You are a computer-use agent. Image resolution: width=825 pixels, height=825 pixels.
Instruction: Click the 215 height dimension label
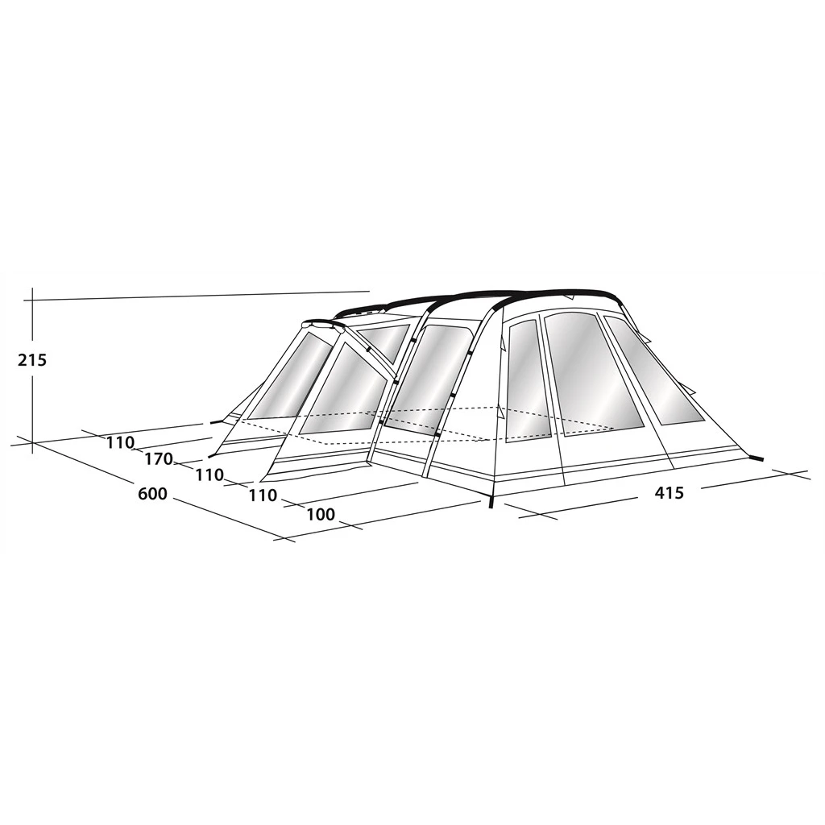(32, 360)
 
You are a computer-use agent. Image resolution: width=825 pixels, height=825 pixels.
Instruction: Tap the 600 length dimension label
(152, 494)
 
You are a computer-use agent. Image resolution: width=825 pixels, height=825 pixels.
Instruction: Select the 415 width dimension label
(670, 492)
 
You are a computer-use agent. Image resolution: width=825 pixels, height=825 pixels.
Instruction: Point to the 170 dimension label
(159, 459)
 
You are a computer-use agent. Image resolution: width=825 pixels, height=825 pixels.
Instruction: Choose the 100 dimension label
(321, 514)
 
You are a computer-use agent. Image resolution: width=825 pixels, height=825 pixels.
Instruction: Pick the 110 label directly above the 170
(121, 443)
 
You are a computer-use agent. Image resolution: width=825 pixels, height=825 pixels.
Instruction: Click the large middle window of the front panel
(592, 374)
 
